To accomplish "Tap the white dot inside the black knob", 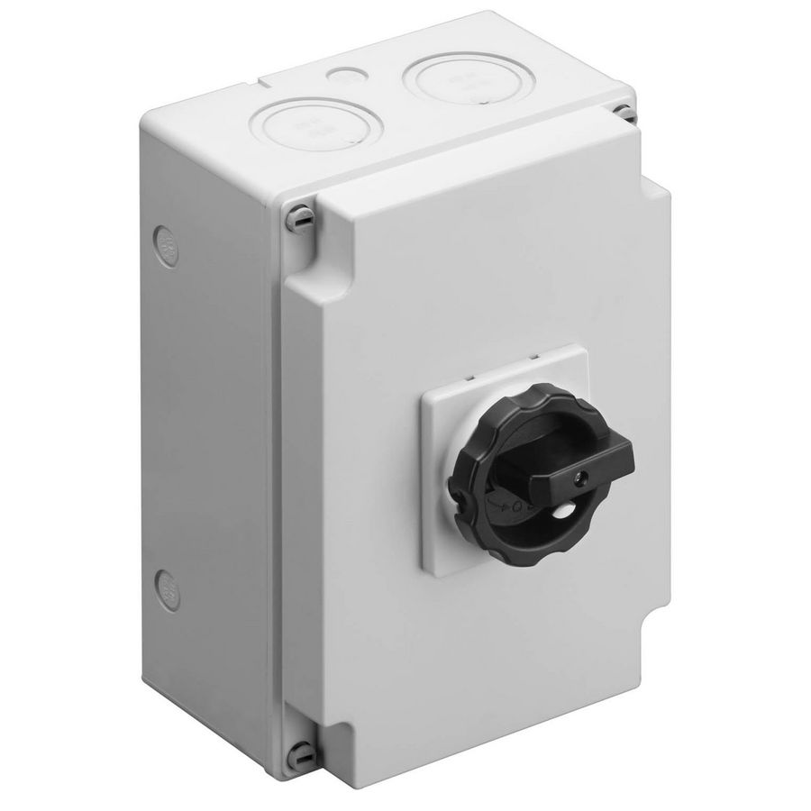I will (563, 511).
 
